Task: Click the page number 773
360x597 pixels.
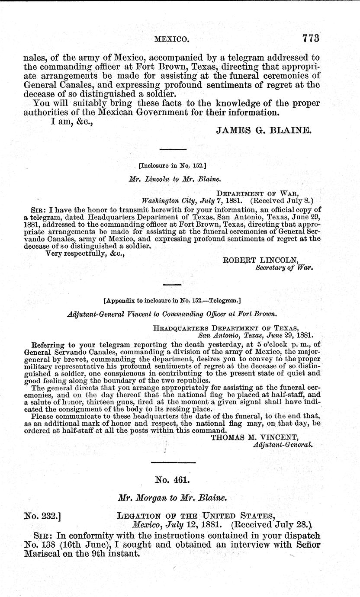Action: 305,39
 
